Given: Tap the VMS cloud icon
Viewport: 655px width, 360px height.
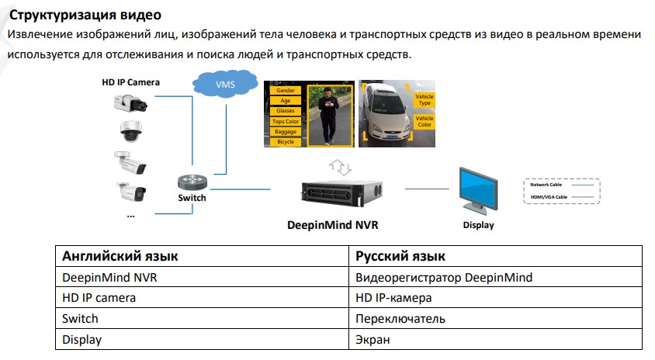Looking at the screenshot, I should [x=224, y=83].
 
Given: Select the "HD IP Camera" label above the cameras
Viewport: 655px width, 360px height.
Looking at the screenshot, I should [x=130, y=81].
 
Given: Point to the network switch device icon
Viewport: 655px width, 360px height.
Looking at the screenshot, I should [x=192, y=182].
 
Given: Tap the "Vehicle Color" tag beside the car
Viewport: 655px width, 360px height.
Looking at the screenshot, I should [x=425, y=121].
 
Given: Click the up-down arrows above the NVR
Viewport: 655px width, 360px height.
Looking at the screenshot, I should [x=341, y=165].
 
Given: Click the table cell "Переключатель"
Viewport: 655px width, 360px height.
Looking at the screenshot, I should [x=400, y=319].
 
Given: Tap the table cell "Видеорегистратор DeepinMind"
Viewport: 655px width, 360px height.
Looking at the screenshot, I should [x=443, y=277].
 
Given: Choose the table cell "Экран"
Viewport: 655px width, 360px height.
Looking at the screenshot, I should [x=372, y=340].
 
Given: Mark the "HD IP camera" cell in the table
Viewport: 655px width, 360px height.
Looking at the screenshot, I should [x=99, y=298].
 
